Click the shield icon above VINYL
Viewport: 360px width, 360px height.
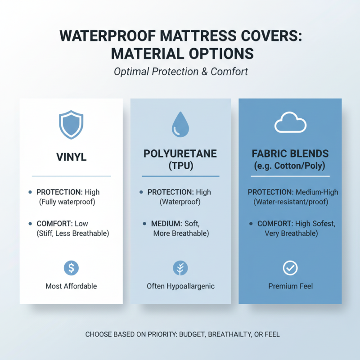(x=71, y=124)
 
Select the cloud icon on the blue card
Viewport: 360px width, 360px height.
(x=290, y=123)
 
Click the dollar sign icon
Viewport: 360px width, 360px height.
(x=71, y=268)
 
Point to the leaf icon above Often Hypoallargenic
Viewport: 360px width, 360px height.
(x=180, y=268)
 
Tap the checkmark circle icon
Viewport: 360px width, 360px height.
(x=290, y=268)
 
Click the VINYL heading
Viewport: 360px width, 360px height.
(x=71, y=158)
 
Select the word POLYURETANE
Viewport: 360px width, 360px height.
(x=180, y=154)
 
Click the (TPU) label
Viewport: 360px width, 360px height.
(x=180, y=165)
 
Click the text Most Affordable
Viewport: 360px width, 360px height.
(x=71, y=286)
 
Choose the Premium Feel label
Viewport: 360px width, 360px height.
(x=290, y=286)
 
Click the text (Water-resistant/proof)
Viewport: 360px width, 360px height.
(x=290, y=202)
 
